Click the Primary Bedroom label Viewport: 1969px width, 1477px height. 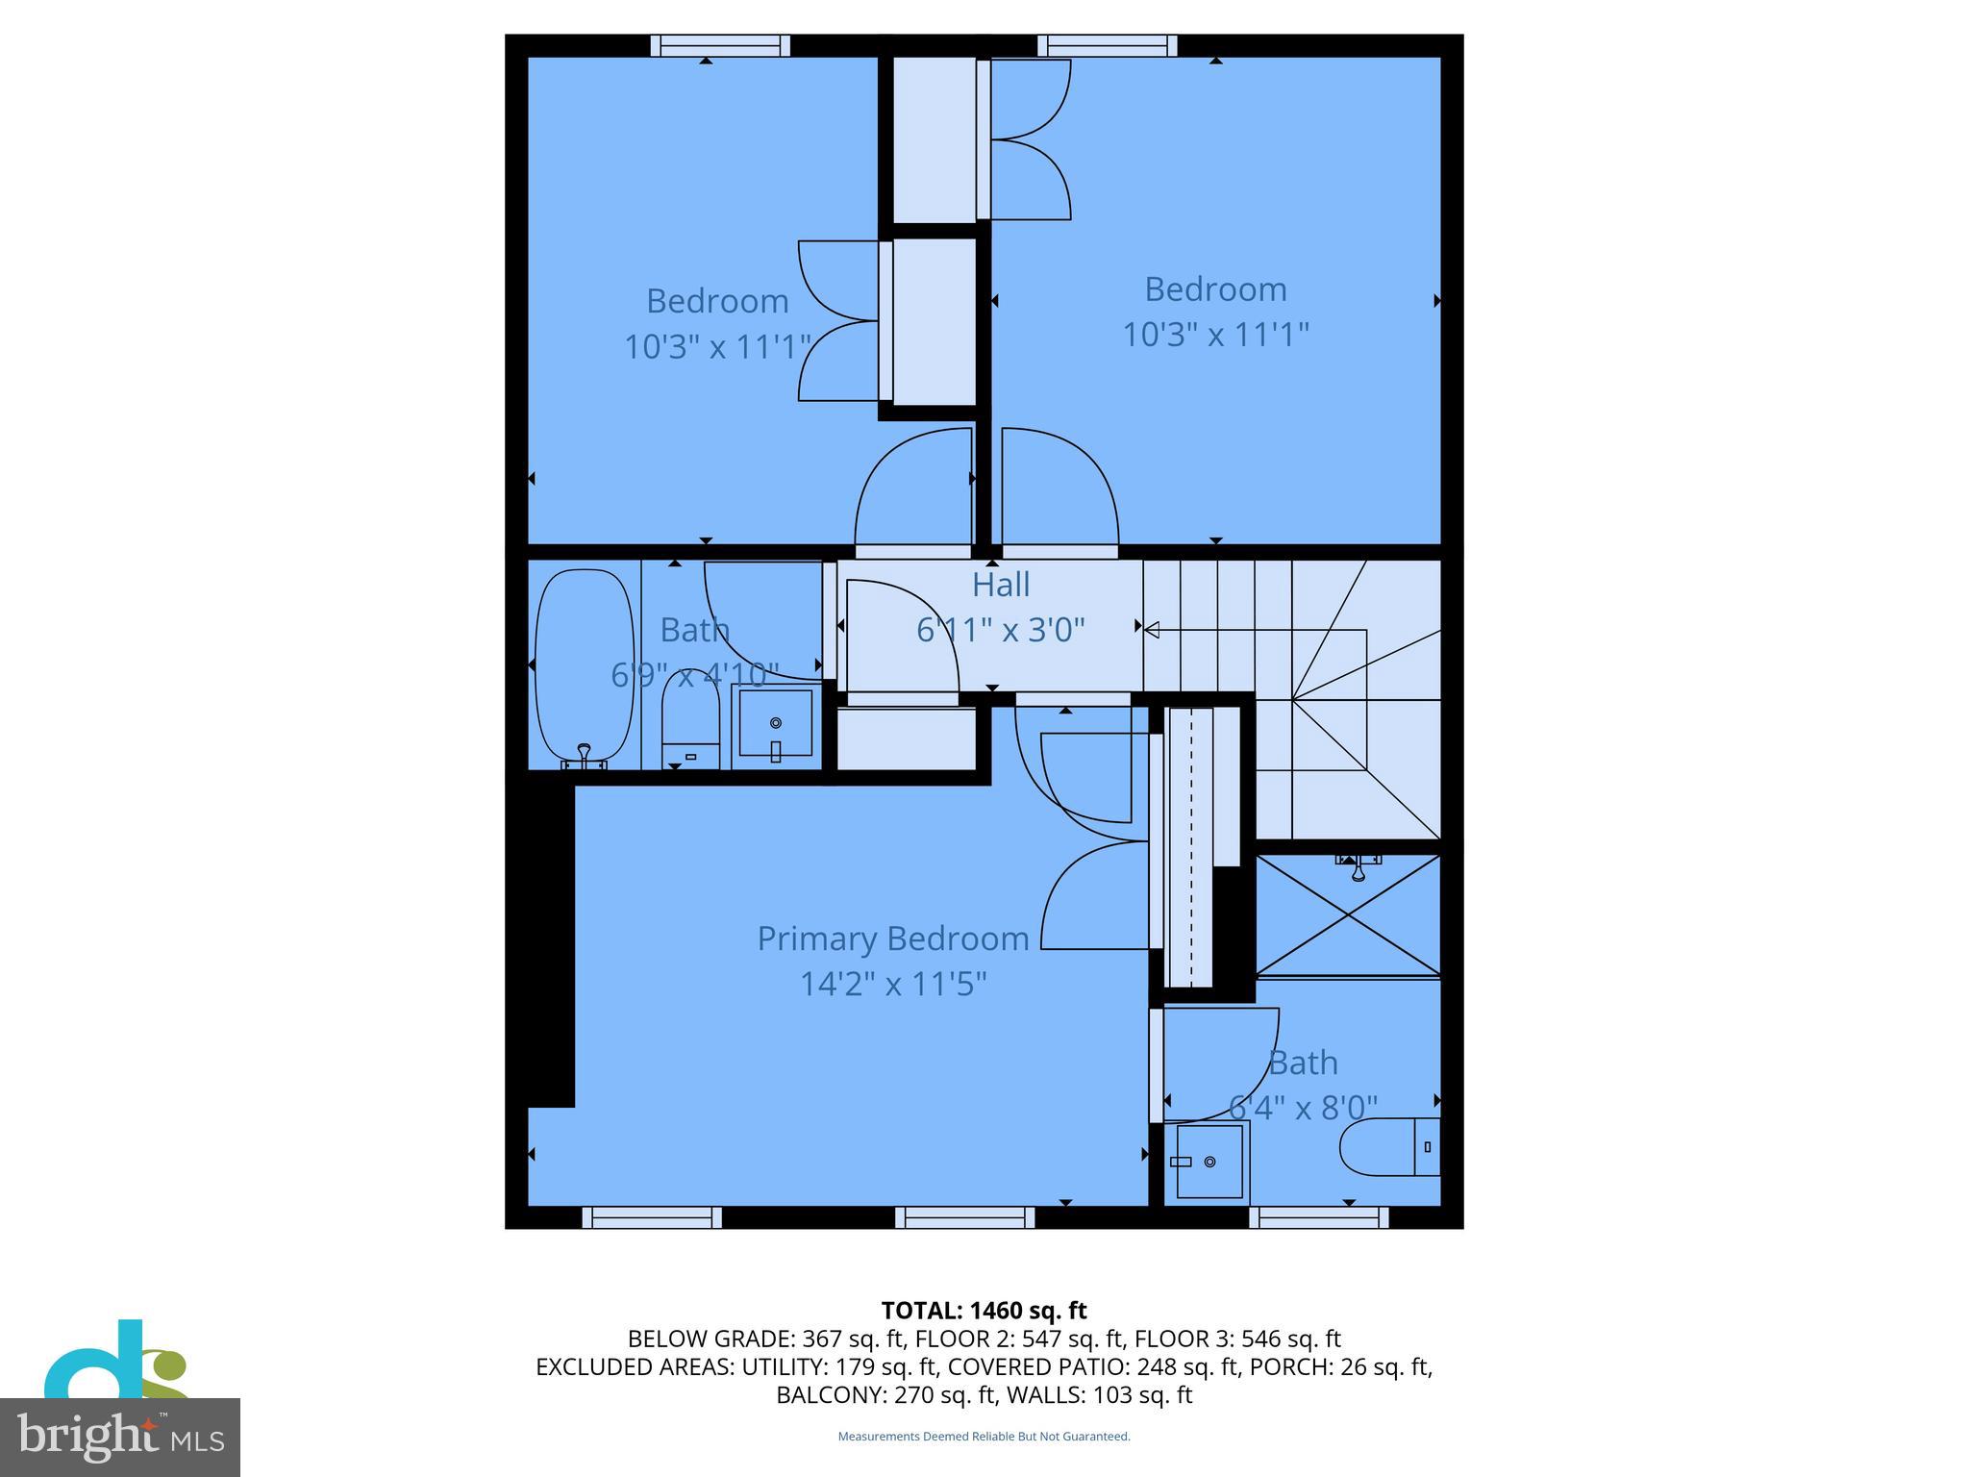tap(892, 939)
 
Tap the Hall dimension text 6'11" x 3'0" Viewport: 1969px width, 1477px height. tap(1000, 630)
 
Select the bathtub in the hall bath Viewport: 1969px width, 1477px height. tap(585, 666)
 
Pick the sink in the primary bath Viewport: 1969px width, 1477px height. tap(1209, 1162)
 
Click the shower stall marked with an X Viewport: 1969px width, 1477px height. tap(1348, 915)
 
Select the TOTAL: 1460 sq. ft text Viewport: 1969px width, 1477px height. tap(984, 1311)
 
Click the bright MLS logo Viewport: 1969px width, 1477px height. tap(120, 1437)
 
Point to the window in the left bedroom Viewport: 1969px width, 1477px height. tap(720, 45)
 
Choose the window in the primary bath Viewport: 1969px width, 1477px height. tap(1319, 1217)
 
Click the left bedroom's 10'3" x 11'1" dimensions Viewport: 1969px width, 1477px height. tap(717, 346)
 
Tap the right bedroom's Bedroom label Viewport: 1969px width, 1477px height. tap(1215, 288)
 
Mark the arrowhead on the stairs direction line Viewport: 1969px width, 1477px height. tap(1152, 630)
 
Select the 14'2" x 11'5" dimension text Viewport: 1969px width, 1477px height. tap(893, 984)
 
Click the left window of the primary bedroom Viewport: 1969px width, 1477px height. tap(652, 1217)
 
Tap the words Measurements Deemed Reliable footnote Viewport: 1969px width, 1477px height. tap(984, 1437)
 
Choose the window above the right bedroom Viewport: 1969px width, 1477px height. tap(1108, 45)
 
